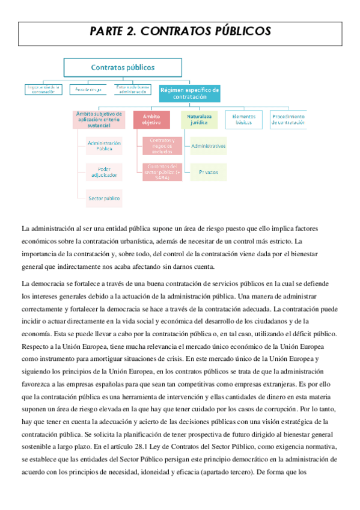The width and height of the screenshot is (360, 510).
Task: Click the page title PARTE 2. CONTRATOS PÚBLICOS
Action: (180, 32)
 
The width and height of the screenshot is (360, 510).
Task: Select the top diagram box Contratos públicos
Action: (123, 67)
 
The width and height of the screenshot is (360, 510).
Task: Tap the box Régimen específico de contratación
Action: (189, 93)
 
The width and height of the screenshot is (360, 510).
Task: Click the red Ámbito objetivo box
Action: (151, 119)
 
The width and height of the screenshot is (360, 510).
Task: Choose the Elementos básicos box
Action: (243, 119)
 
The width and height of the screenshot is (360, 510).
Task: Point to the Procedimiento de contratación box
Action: (288, 119)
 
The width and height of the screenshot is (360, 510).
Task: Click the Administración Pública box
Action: (104, 146)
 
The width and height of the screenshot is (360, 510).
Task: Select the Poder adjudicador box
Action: (104, 172)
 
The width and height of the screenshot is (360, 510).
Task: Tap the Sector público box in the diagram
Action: (104, 197)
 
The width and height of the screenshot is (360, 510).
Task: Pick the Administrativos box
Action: (208, 146)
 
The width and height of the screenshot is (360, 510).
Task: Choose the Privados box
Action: (208, 172)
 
